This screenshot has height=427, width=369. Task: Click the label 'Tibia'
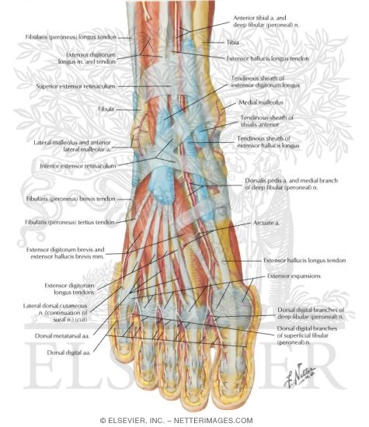point(232,43)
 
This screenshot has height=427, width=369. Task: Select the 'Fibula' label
point(106,109)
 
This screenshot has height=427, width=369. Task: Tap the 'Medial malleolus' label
point(261,102)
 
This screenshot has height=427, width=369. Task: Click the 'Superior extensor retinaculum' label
point(75,86)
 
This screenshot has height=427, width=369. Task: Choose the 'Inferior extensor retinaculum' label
point(78,166)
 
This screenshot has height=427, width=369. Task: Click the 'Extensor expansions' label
point(294,276)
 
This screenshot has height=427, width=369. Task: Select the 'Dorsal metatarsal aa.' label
point(62,336)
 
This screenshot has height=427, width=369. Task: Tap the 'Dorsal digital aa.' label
point(68,352)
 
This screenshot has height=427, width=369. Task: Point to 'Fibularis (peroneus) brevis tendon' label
point(71,199)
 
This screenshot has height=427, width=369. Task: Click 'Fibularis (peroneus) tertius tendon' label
point(70,222)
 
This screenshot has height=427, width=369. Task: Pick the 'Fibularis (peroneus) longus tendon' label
point(71,36)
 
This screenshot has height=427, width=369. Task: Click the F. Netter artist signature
point(299,375)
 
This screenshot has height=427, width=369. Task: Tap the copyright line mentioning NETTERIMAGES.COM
point(176,421)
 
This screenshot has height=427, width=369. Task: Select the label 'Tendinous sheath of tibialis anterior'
point(266,121)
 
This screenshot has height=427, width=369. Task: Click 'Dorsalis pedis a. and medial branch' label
point(291,181)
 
